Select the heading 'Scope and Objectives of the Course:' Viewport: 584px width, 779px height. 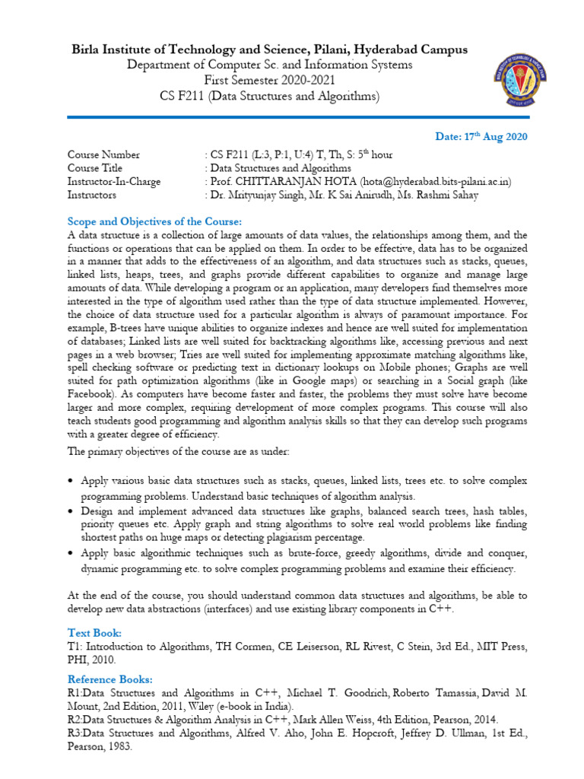(154, 222)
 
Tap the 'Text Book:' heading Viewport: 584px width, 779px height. (94, 633)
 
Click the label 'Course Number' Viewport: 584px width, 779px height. (103, 155)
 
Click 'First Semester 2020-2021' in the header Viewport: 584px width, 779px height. (270, 81)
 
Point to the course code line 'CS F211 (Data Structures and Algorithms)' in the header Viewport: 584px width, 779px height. (270, 97)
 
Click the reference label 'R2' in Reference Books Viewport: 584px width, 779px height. (75, 719)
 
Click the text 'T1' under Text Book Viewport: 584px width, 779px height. (74, 647)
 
